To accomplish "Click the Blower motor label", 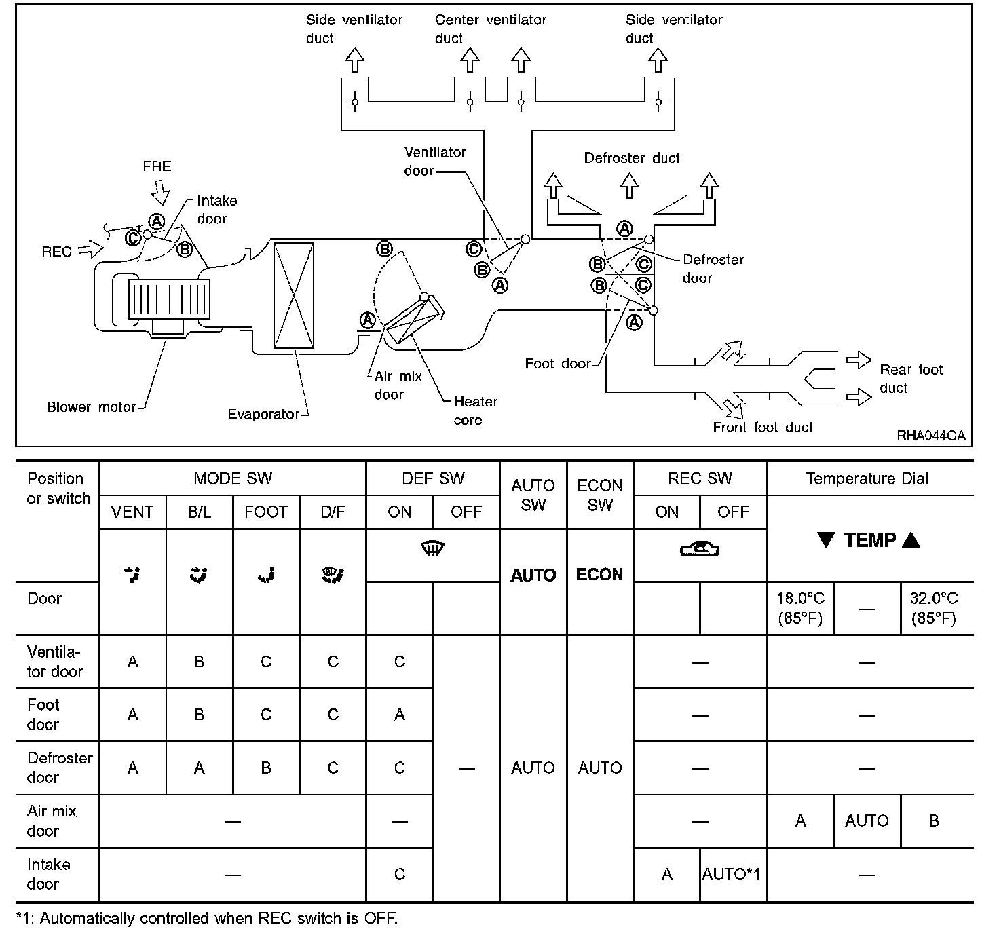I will [x=91, y=407].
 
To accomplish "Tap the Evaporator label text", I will [x=263, y=414].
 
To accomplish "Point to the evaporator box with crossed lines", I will [x=293, y=295].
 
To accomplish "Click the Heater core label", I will [x=475, y=411].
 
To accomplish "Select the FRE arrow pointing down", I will [x=160, y=193].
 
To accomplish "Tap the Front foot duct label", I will [x=762, y=428].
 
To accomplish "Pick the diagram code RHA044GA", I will [x=930, y=436].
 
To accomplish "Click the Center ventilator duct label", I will [x=490, y=29].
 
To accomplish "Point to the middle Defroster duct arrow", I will [x=629, y=185].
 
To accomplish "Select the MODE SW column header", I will [x=232, y=478].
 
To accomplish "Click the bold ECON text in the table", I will [x=599, y=575].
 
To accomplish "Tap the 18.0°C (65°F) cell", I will [x=800, y=608].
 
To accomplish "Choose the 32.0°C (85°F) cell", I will [x=934, y=608].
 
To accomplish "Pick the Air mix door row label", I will [x=52, y=820].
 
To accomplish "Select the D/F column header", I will [x=333, y=512].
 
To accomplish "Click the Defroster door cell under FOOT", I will [x=266, y=768].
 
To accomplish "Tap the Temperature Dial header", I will [x=867, y=478].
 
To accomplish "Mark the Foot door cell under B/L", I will [x=200, y=715].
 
